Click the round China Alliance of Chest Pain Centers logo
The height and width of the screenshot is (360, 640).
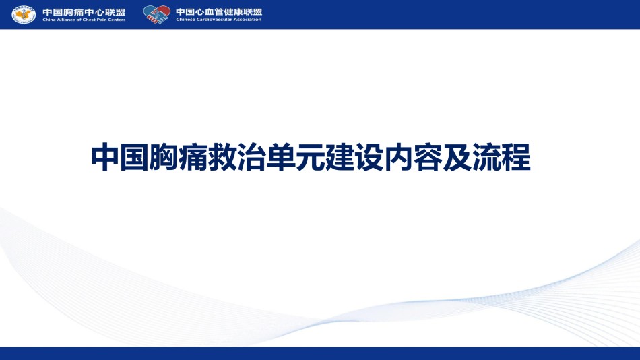point(24,15)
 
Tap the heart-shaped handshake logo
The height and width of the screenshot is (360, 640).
point(157,14)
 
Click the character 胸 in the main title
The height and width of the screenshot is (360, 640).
point(164,157)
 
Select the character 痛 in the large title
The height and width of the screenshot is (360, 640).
point(193,157)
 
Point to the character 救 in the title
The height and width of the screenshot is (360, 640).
point(222,157)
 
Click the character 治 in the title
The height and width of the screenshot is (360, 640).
point(252,157)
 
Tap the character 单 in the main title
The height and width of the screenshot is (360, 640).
point(281,157)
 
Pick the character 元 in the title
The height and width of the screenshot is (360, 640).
point(311,157)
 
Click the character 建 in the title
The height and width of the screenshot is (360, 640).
point(340,157)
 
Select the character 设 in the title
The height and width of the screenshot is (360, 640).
point(369,157)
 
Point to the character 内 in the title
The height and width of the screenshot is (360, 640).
point(399,157)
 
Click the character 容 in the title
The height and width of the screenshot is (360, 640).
point(428,157)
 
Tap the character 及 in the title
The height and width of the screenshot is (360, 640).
point(457,157)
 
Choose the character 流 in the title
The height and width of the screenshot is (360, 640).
point(487,157)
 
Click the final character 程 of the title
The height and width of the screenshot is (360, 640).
point(516,157)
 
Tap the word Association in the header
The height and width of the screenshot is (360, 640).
point(247,19)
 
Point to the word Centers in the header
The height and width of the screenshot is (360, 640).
point(117,20)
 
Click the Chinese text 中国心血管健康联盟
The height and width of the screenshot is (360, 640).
point(219,12)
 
